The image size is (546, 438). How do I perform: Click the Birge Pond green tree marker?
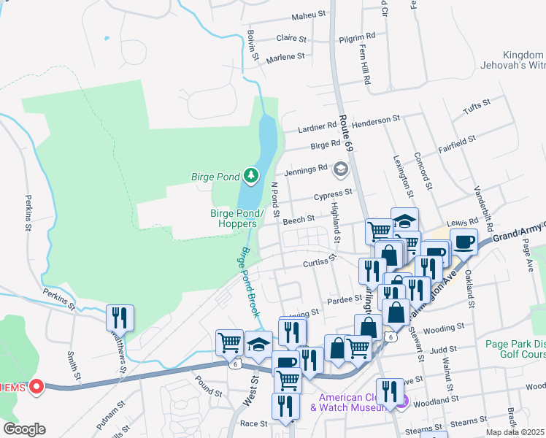[251, 175]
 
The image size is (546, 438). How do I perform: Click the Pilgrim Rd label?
[358, 35]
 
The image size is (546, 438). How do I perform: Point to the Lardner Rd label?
[317, 129]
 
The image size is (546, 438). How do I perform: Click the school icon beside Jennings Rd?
[339, 169]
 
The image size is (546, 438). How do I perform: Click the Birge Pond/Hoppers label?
[235, 218]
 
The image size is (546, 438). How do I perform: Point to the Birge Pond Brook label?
[249, 280]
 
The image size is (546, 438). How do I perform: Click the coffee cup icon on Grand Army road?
[464, 241]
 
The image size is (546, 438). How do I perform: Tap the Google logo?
[24, 429]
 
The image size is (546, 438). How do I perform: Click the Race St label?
[254, 423]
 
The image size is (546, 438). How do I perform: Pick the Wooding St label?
[439, 329]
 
